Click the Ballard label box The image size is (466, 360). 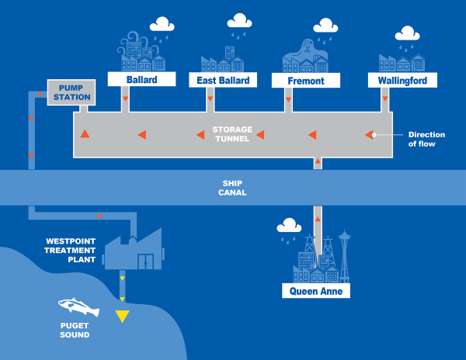coord(137,79)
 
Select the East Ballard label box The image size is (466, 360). coord(223,80)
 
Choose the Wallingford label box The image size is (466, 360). coord(402,80)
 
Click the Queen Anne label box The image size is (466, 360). coord(315,291)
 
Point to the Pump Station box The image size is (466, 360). coord(71,92)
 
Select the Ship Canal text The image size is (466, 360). coord(233,188)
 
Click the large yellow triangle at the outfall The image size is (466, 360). coord(123,315)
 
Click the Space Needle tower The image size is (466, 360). coord(344,252)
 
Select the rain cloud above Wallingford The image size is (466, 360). coord(407,34)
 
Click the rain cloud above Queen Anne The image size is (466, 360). coord(290,226)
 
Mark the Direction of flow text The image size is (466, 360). coord(426,138)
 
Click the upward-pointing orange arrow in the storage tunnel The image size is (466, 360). coord(85,134)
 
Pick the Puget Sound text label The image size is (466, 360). coord(75,331)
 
